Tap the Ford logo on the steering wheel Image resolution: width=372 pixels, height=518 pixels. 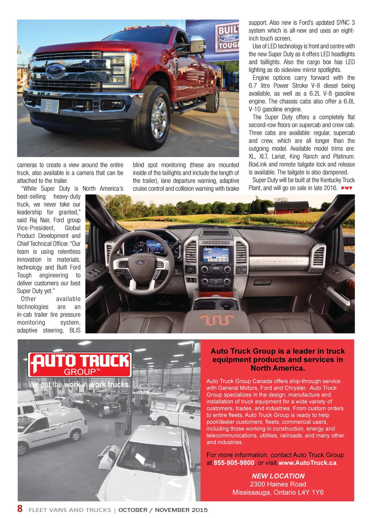pyautogui.click(x=141, y=263)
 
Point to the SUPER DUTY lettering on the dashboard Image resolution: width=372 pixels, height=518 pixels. pyautogui.click(x=279, y=261)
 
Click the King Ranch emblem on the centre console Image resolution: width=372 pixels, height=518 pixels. pyautogui.click(x=217, y=319)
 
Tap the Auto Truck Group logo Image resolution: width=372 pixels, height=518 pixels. pyautogui.click(x=80, y=365)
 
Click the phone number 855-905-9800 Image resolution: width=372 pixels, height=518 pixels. pyautogui.click(x=234, y=463)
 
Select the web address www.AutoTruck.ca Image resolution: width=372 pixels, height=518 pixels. pyautogui.click(x=307, y=463)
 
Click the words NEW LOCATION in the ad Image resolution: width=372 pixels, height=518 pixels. pyautogui.click(x=278, y=476)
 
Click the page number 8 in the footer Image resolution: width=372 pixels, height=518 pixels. pyautogui.click(x=20, y=509)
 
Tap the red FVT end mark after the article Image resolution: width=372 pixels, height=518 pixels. pyautogui.click(x=347, y=188)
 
